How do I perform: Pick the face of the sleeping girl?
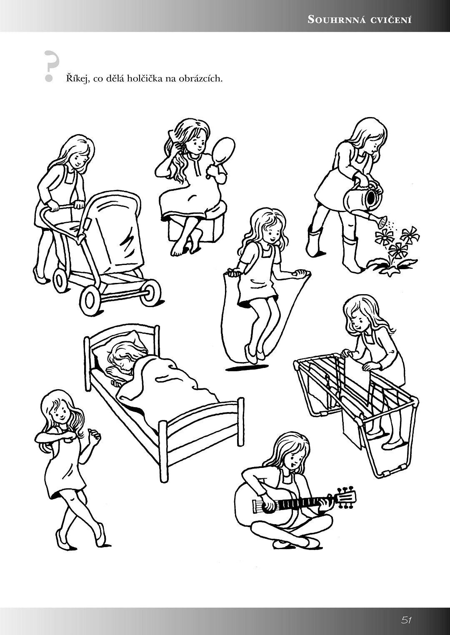[x=120, y=364]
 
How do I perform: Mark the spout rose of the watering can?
[x=383, y=221]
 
